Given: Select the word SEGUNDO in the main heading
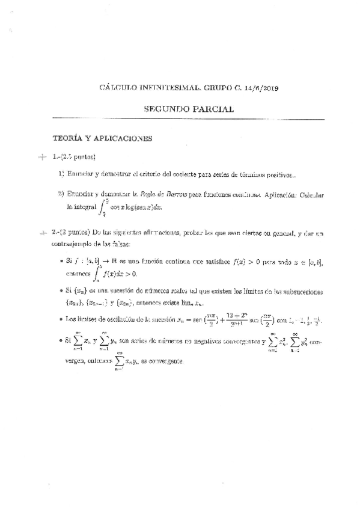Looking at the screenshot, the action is point(166,109).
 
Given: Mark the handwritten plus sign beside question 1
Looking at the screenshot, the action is point(41,158).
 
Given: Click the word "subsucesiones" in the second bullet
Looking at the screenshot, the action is point(301,292).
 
